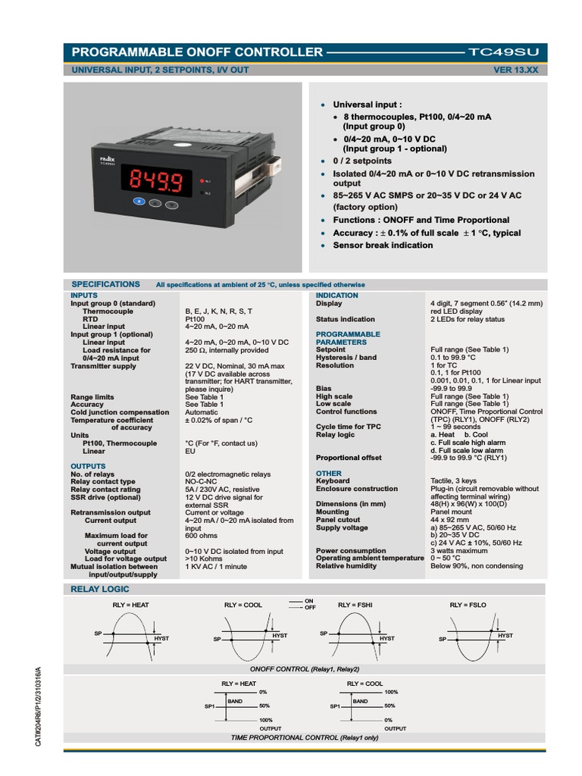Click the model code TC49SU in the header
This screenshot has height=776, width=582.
click(x=504, y=52)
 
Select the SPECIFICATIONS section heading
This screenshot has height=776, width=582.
click(x=105, y=284)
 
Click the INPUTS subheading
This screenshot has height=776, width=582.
click(x=83, y=296)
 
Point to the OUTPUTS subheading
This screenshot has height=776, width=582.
click(x=88, y=466)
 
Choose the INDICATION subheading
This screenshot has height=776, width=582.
click(x=336, y=296)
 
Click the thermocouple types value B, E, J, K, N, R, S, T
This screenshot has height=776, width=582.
click(x=219, y=311)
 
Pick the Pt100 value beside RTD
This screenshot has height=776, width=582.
click(x=195, y=319)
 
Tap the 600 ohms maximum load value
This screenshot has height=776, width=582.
click(x=202, y=536)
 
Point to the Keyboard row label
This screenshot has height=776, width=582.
click(x=333, y=481)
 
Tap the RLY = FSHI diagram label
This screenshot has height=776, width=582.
click(x=355, y=605)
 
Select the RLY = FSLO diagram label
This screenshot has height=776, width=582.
click(x=467, y=605)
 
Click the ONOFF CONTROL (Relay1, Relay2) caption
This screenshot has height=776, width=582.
click(x=305, y=669)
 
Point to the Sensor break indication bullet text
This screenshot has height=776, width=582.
click(x=383, y=246)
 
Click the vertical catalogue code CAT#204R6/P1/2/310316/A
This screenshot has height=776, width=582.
click(x=39, y=706)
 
